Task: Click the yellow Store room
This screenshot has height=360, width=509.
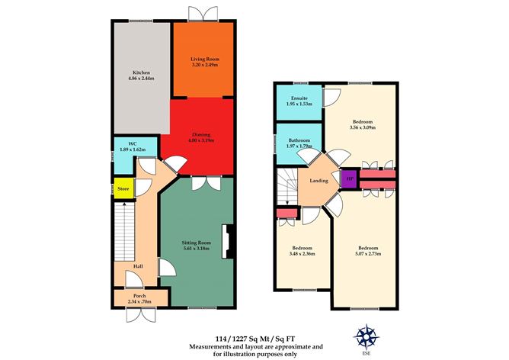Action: pyautogui.click(x=122, y=188)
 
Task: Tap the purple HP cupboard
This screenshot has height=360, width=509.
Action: pyautogui.click(x=349, y=179)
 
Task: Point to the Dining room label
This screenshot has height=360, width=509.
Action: pyautogui.click(x=202, y=133)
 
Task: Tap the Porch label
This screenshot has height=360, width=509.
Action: pyautogui.click(x=139, y=295)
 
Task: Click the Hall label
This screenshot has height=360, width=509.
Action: pyautogui.click(x=138, y=266)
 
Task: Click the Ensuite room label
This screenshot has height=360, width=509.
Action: pyautogui.click(x=299, y=98)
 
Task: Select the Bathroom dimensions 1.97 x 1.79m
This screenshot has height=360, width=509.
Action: pyautogui.click(x=299, y=146)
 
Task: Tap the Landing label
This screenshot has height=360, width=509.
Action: pyautogui.click(x=318, y=182)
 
